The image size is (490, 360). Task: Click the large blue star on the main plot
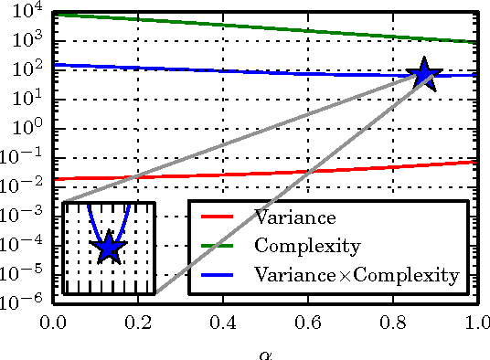[424, 75]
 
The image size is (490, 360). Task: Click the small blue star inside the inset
[109, 246]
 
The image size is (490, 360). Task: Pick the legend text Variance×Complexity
[356, 273]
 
